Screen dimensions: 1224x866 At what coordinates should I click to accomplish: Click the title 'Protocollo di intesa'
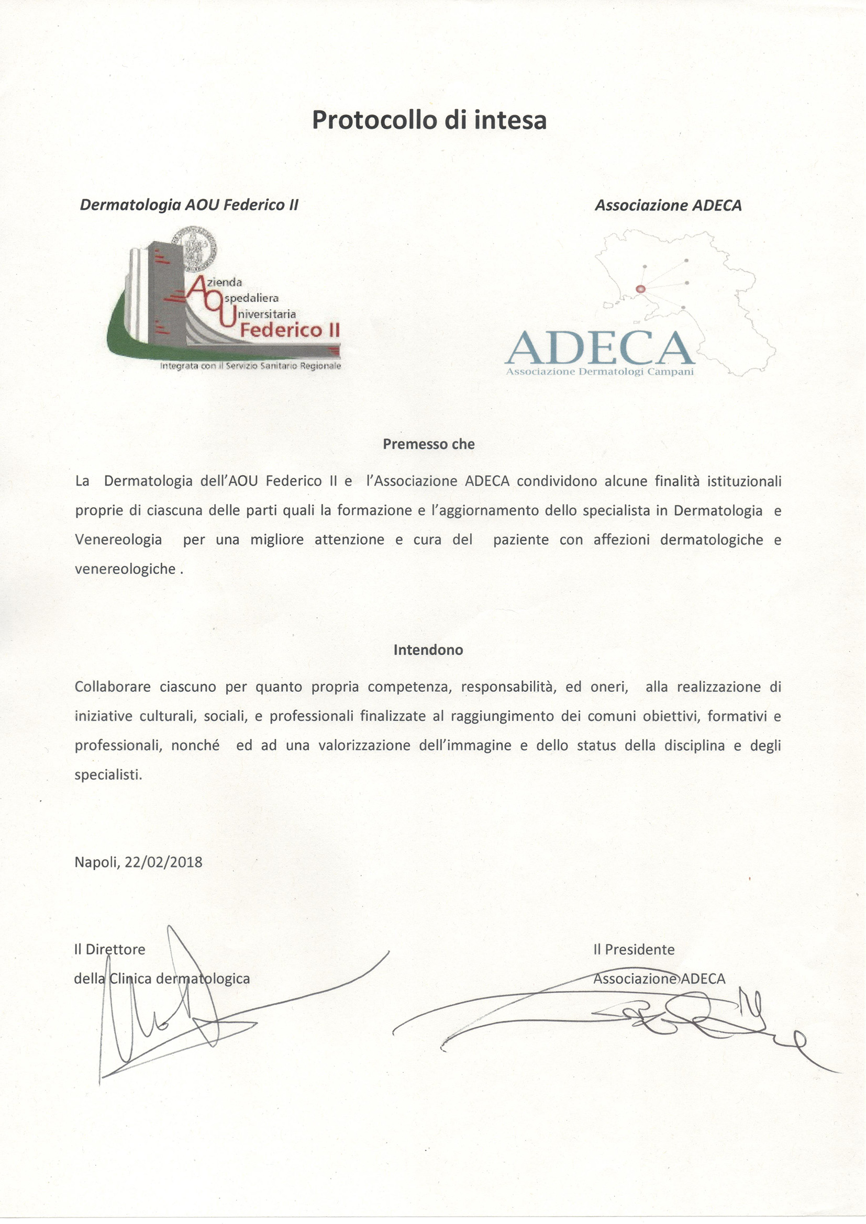pyautogui.click(x=429, y=120)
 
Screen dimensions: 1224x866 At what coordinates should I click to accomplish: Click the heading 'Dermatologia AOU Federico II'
pyautogui.click(x=189, y=205)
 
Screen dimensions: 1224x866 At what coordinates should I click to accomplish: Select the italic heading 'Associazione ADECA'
pyautogui.click(x=668, y=206)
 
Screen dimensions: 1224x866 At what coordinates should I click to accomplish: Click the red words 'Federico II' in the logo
pyautogui.click(x=290, y=331)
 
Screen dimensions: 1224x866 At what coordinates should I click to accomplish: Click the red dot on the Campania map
pyautogui.click(x=641, y=289)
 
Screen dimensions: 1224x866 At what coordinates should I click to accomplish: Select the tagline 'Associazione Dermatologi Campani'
pyautogui.click(x=599, y=372)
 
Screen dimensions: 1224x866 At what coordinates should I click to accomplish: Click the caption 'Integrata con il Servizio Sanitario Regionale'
pyautogui.click(x=250, y=366)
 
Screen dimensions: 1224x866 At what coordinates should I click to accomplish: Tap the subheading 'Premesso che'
pyautogui.click(x=429, y=444)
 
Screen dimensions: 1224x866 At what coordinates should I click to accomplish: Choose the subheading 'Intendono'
pyautogui.click(x=428, y=650)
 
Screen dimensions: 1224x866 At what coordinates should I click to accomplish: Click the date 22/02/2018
pyautogui.click(x=164, y=862)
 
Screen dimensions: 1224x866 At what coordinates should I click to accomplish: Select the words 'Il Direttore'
pyautogui.click(x=109, y=949)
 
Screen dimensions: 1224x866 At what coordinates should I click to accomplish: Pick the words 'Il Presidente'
pyautogui.click(x=634, y=949)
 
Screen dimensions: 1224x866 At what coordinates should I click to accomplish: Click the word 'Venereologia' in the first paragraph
pyautogui.click(x=118, y=540)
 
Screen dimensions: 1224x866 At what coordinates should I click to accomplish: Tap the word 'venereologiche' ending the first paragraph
pyautogui.click(x=125, y=569)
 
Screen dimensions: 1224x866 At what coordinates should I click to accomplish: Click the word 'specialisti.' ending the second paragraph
pyautogui.click(x=108, y=774)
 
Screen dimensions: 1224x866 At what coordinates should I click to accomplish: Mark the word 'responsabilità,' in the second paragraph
pyautogui.click(x=509, y=687)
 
